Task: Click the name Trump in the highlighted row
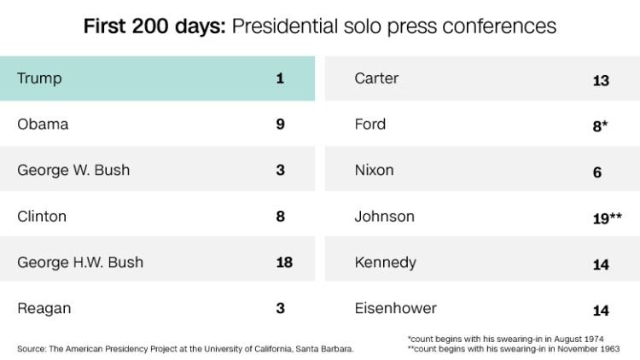click(x=39, y=78)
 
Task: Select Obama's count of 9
click(x=280, y=124)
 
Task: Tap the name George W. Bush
click(x=73, y=170)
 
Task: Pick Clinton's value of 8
click(x=280, y=217)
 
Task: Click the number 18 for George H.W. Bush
click(x=284, y=262)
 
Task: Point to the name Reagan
click(x=44, y=309)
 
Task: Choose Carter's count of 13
click(x=601, y=81)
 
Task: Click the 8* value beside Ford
click(x=600, y=126)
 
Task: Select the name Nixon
click(x=375, y=170)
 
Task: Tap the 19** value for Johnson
click(x=608, y=218)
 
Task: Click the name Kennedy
click(x=386, y=263)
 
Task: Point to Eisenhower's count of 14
click(x=601, y=311)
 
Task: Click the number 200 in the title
click(x=150, y=26)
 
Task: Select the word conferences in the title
click(x=499, y=26)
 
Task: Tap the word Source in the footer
click(x=31, y=349)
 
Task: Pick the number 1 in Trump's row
click(x=280, y=78)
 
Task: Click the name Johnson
click(x=385, y=217)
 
